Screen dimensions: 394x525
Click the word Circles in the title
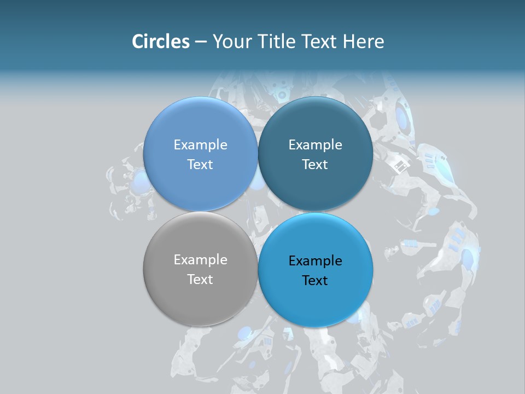pyautogui.click(x=160, y=42)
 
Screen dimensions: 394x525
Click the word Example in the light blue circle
pyautogui.click(x=200, y=145)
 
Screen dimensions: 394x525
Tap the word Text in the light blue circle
pyautogui.click(x=200, y=165)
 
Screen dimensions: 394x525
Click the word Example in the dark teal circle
pyautogui.click(x=315, y=145)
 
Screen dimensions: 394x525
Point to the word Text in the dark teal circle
pyautogui.click(x=315, y=165)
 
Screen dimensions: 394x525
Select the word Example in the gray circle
pyautogui.click(x=200, y=260)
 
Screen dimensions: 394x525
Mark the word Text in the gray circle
pyautogui.click(x=200, y=280)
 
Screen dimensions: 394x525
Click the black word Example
pyautogui.click(x=315, y=261)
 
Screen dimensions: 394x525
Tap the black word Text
pyautogui.click(x=315, y=281)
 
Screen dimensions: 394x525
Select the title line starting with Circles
pyautogui.click(x=258, y=42)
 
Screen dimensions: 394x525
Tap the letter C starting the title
pyautogui.click(x=137, y=42)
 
